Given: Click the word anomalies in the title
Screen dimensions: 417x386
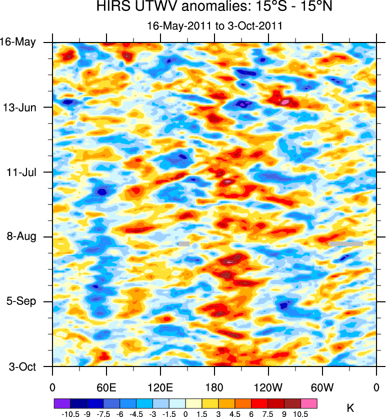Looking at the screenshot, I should (199, 7).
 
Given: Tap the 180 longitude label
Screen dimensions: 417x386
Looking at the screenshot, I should (214, 387).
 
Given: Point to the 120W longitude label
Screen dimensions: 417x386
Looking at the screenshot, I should (268, 387).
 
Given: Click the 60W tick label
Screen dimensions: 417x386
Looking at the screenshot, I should (322, 387).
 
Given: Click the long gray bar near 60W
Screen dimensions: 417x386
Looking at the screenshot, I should (345, 243).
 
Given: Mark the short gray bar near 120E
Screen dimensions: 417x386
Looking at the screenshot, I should (184, 243).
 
